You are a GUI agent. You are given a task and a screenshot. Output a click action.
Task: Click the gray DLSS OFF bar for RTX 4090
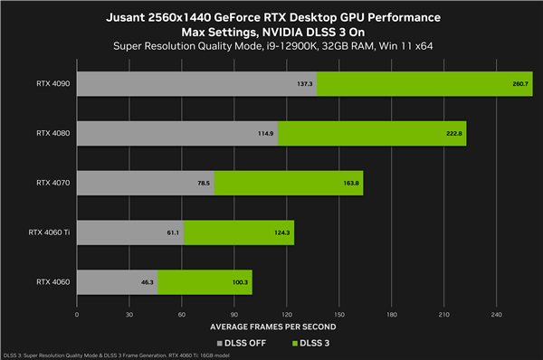coord(195,83)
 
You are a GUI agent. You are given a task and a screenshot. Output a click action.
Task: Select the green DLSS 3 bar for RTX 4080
coord(371,133)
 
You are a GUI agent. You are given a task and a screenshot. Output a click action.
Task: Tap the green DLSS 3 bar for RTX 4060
coord(205,281)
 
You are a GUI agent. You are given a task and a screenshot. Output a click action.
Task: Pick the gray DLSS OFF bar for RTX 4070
coord(145,183)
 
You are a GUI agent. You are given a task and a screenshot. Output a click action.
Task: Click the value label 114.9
coord(265,133)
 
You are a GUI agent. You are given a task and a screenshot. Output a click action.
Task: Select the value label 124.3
coord(281,232)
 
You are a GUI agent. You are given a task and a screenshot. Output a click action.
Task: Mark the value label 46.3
coord(147,281)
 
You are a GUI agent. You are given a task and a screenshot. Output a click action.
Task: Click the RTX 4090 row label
coord(52,83)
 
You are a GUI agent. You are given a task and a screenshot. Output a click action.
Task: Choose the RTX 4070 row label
coord(52,183)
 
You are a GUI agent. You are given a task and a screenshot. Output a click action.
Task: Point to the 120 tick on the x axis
coord(286,315)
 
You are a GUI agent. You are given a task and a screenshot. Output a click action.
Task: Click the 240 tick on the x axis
coord(496,315)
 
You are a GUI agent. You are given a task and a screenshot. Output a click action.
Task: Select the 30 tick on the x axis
coord(129,315)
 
